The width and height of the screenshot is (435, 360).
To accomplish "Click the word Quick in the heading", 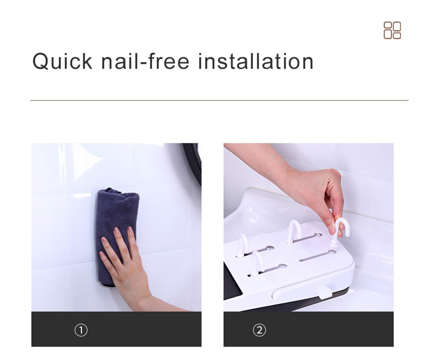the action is [x=62, y=61].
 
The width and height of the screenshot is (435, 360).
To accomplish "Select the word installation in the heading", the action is [x=256, y=61].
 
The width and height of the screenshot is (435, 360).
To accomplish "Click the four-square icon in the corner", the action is [x=392, y=30].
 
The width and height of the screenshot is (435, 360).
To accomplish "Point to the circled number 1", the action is [x=81, y=330].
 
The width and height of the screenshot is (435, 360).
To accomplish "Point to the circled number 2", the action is [x=259, y=330].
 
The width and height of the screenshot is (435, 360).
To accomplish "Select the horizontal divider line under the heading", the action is [x=219, y=100].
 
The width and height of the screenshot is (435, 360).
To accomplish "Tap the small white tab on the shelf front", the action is [x=322, y=293].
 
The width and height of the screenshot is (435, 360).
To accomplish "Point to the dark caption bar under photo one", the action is [x=116, y=329].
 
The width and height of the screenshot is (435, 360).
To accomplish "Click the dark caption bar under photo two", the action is [x=308, y=329].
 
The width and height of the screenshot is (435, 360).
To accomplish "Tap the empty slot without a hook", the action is [x=318, y=256].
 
